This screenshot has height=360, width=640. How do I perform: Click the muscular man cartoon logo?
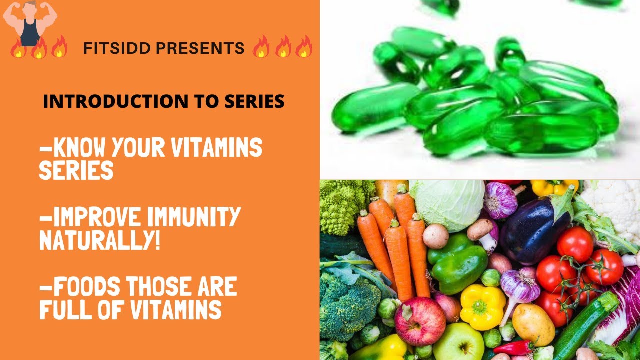pos(30,23)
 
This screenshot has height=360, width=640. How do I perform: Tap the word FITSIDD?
pos(117,48)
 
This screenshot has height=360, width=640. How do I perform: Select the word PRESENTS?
pos(200,48)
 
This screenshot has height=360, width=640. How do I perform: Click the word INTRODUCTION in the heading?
pos(115,101)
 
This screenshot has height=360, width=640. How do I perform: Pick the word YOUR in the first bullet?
pos(138,147)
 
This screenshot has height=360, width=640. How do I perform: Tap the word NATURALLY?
pos(99,240)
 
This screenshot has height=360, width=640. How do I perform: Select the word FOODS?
pos(87,286)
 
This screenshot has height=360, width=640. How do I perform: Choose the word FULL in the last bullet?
pos(65,309)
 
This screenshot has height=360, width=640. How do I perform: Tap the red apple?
pos(420,321)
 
